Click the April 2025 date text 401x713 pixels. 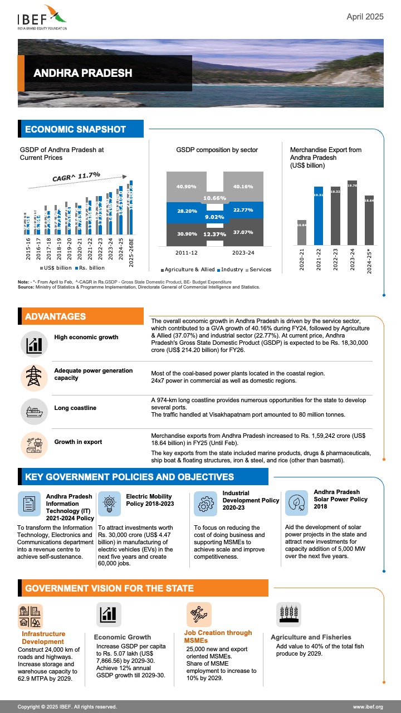pyautogui.click(x=365, y=17)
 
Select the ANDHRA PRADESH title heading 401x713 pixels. pyautogui.click(x=82, y=73)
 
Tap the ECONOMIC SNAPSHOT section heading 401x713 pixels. pyautogui.click(x=82, y=129)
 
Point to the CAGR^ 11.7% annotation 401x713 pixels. pyautogui.click(x=76, y=176)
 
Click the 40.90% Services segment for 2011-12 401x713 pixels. pyautogui.click(x=187, y=186)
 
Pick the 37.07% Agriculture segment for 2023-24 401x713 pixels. pyautogui.click(x=243, y=232)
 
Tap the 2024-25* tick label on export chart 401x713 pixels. pyautogui.click(x=370, y=261)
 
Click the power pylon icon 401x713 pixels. pyautogui.click(x=34, y=377)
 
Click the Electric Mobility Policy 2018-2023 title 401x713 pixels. pyautogui.click(x=149, y=500)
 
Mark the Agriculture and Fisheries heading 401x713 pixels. pyautogui.click(x=311, y=637)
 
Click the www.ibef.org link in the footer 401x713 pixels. pyautogui.click(x=368, y=707)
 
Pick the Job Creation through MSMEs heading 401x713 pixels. pyautogui.click(x=218, y=637)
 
